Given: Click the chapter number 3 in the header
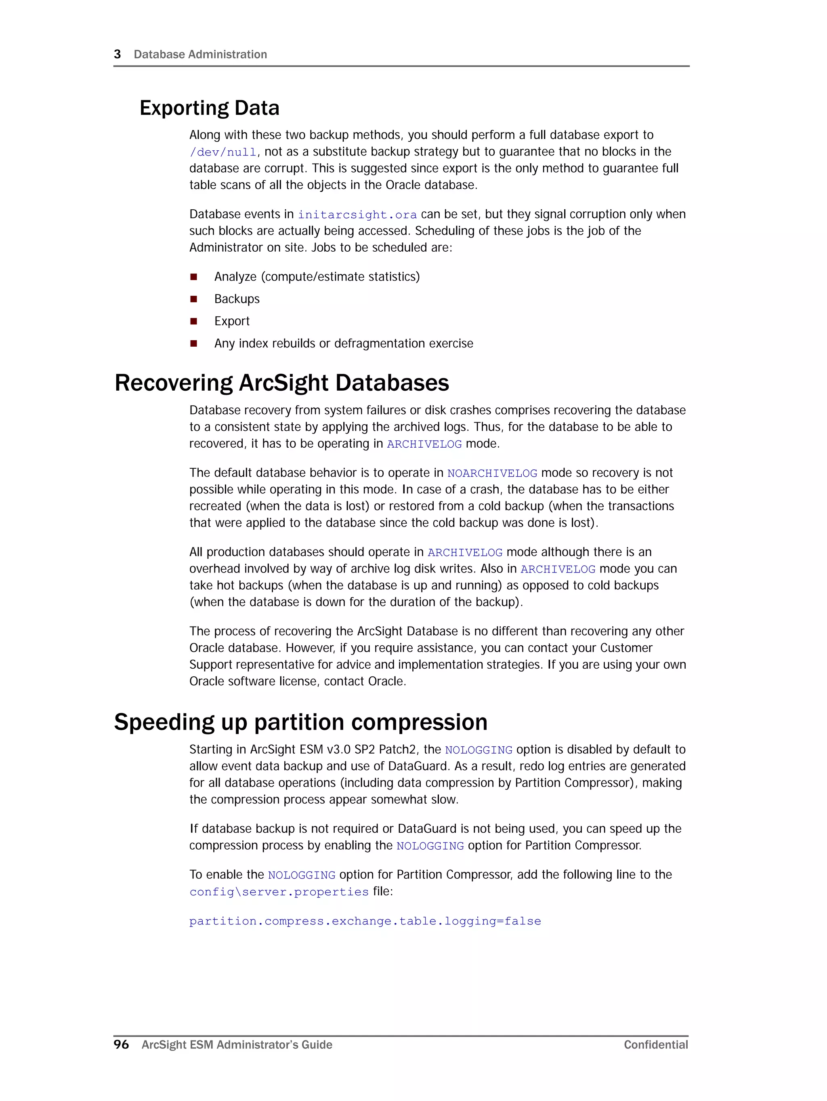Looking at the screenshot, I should point(118,54).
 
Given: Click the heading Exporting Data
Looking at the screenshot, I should point(209,108).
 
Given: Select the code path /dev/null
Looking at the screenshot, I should point(223,152).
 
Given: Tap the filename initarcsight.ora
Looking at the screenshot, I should point(357,215).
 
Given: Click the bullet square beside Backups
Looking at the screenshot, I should point(193,299).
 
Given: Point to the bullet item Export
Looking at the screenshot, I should point(232,321).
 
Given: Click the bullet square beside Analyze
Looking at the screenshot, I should point(193,277).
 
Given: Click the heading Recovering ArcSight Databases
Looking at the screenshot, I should point(281,383).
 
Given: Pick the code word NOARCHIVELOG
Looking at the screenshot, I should point(492,474).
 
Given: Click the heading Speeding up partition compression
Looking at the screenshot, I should point(300,722).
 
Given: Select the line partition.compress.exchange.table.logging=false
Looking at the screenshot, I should point(365,921).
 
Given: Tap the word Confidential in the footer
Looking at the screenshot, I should point(656,1045).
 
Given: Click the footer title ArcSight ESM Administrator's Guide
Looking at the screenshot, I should point(237,1045).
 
